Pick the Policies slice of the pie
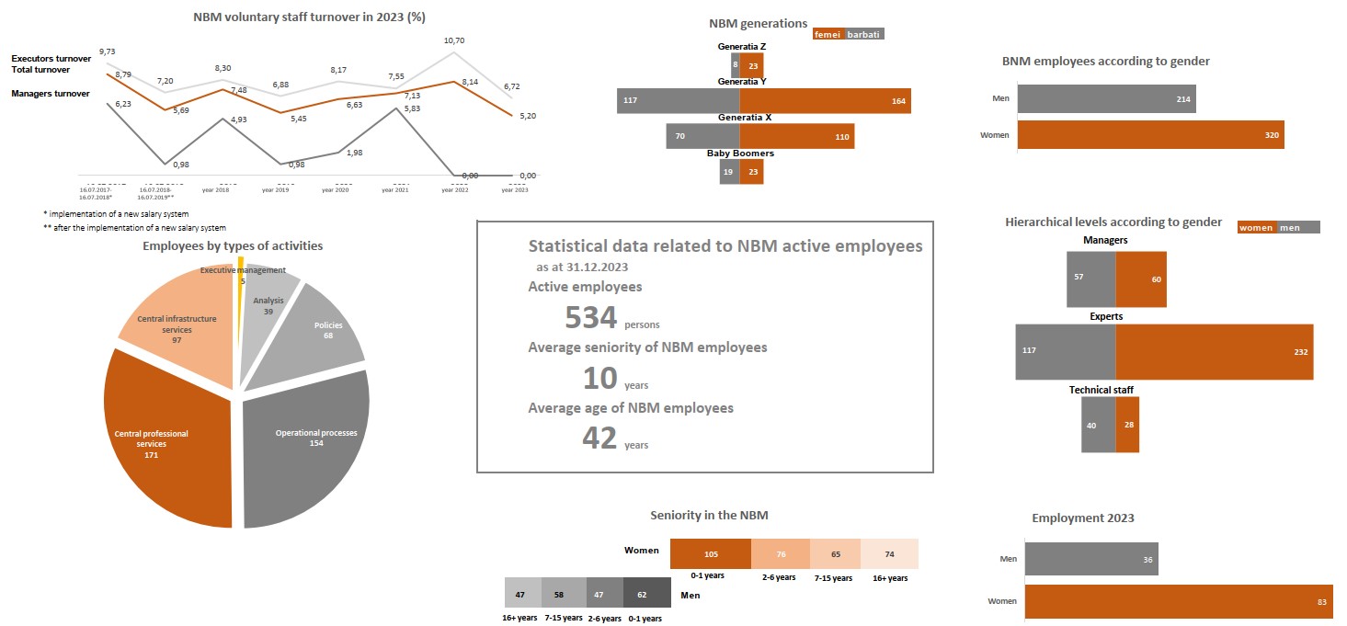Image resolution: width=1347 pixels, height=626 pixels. tap(326, 331)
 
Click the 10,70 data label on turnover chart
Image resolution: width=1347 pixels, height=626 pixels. tap(454, 40)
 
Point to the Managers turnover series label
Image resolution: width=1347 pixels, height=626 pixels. tap(51, 93)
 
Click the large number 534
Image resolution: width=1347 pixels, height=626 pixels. tap(590, 317)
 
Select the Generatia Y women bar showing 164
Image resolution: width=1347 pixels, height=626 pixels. tap(825, 100)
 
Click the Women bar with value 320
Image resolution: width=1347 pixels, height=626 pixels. tap(1150, 135)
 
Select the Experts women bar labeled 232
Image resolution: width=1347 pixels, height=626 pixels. tap(1214, 352)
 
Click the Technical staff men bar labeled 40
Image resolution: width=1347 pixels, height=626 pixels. tap(1098, 425)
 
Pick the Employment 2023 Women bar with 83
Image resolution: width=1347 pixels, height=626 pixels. tap(1176, 600)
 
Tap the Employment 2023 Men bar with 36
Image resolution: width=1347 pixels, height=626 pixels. tap(1090, 558)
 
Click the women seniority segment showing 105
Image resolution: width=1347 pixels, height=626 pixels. tap(711, 554)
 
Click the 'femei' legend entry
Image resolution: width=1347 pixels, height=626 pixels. tap(828, 35)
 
